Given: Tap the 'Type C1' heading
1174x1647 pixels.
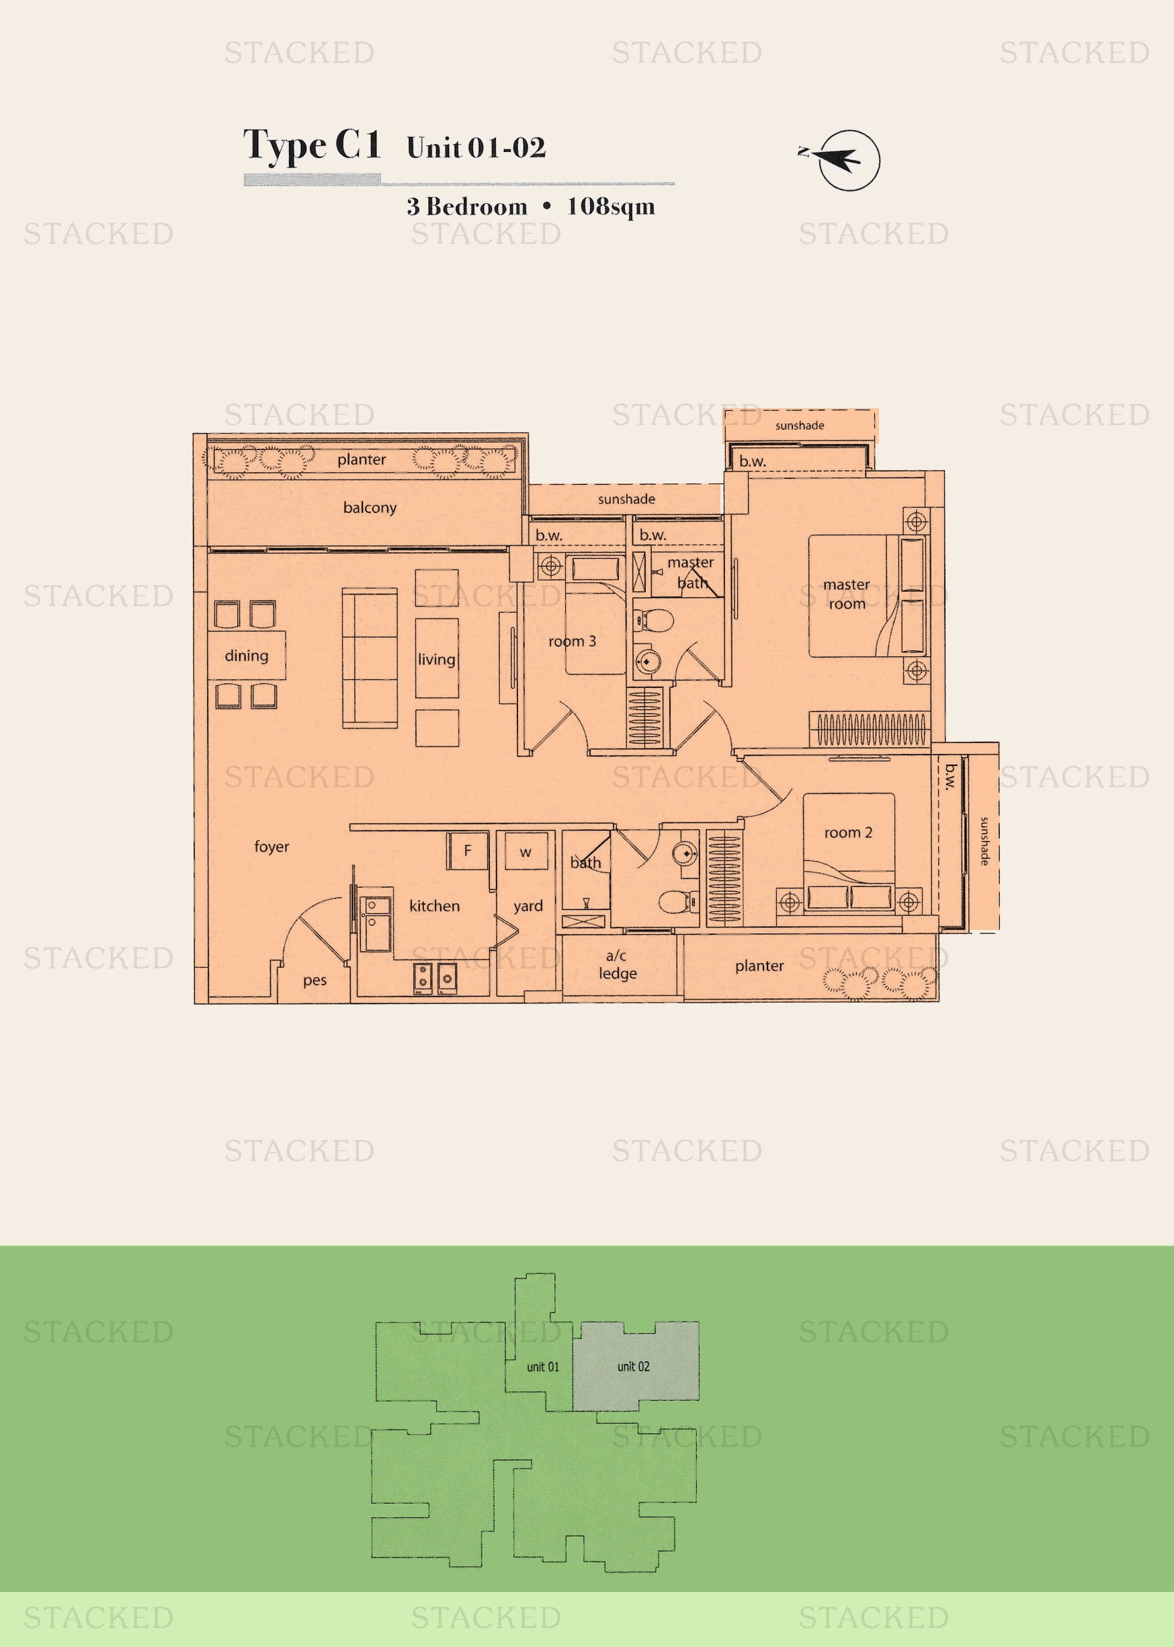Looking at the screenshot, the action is click(312, 145).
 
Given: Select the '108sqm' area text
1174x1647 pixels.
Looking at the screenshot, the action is click(611, 207).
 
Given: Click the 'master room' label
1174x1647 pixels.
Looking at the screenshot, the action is click(847, 594).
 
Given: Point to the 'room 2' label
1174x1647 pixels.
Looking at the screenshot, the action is click(848, 833).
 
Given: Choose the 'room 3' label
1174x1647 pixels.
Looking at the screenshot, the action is click(572, 641).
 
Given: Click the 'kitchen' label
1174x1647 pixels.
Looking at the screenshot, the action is click(435, 906).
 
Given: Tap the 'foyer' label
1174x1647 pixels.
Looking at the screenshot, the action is click(271, 846).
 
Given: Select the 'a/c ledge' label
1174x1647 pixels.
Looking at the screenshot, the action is click(618, 965).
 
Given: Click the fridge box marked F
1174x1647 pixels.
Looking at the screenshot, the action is click(468, 851).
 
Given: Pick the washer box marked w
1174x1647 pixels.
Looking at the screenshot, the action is click(526, 851).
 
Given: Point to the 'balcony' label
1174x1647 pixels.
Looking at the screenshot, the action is click(370, 508).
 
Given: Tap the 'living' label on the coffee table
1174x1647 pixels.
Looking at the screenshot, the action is click(437, 659).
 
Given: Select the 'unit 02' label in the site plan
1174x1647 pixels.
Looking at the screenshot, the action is click(633, 1367).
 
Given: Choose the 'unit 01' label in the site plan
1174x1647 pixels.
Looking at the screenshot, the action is click(543, 1367).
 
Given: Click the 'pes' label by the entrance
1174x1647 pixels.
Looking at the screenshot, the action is click(315, 981).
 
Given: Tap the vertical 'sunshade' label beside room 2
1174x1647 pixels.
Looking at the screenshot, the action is click(984, 841).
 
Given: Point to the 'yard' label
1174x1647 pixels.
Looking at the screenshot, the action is click(528, 907).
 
